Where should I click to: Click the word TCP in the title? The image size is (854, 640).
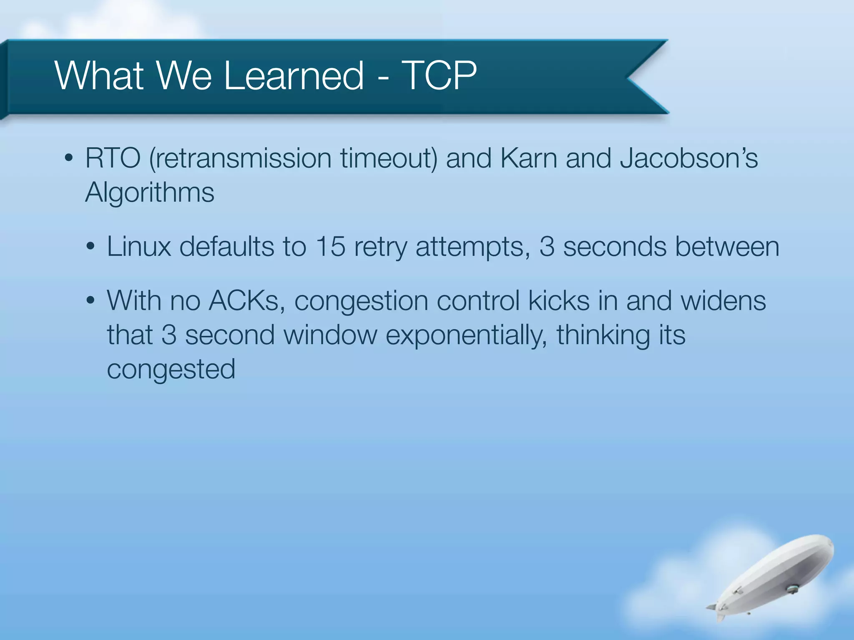pos(439,76)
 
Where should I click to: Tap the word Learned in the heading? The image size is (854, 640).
pos(294,76)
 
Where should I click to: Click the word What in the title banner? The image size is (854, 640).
pos(99,76)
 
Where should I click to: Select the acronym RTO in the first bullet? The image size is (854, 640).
pos(113,159)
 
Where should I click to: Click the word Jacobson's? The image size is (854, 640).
pos(688,159)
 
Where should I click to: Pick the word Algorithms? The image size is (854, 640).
pos(150,193)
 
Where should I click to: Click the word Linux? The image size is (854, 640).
pos(139,247)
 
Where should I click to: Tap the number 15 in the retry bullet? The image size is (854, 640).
pos(330,247)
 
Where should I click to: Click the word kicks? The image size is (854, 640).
pos(558,301)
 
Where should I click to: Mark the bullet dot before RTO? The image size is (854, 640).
pos(69,159)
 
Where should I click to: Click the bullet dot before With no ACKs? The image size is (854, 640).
pos(90,301)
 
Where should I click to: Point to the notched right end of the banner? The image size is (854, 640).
pos(638,77)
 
